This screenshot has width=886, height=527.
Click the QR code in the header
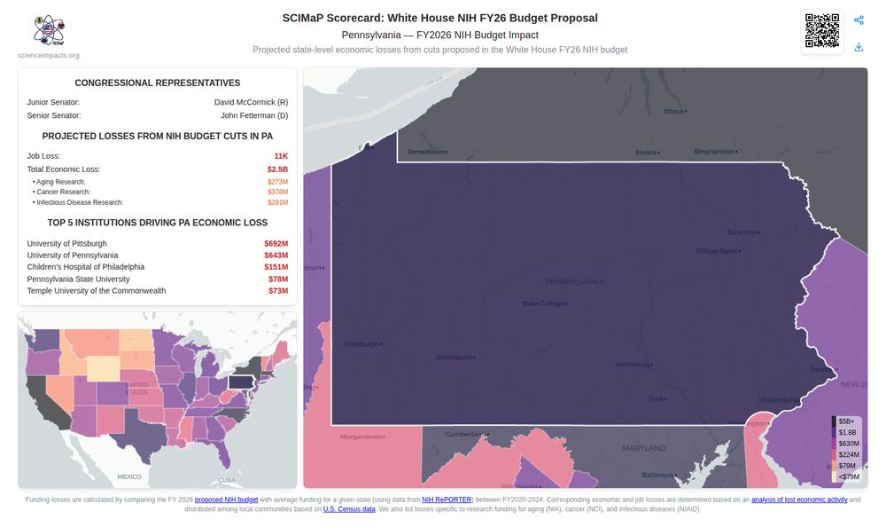coord(821,32)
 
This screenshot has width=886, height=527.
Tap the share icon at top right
coord(859,20)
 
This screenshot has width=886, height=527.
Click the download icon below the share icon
coord(859,47)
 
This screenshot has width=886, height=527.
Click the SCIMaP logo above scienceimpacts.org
coord(49,31)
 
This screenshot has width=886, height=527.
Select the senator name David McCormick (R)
coord(251,102)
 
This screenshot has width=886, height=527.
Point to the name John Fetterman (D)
coord(254,115)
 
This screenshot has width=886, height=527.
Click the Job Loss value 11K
coord(281,156)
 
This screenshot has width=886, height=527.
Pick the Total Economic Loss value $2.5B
coord(277,169)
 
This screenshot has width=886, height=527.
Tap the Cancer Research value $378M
coord(277,192)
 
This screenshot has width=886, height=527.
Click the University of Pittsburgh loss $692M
coord(276,243)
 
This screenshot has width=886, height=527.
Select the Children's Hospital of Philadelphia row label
coord(86,267)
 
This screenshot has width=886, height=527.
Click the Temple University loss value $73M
coord(278,291)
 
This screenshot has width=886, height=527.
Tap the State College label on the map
coord(543,303)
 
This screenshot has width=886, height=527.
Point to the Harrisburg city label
coord(633,364)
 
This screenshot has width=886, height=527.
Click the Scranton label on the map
coord(742,232)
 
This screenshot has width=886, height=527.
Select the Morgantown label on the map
coord(361,437)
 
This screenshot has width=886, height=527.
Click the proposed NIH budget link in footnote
coord(226,500)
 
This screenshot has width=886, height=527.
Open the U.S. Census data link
coord(348,509)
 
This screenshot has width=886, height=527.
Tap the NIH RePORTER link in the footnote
coord(447,500)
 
